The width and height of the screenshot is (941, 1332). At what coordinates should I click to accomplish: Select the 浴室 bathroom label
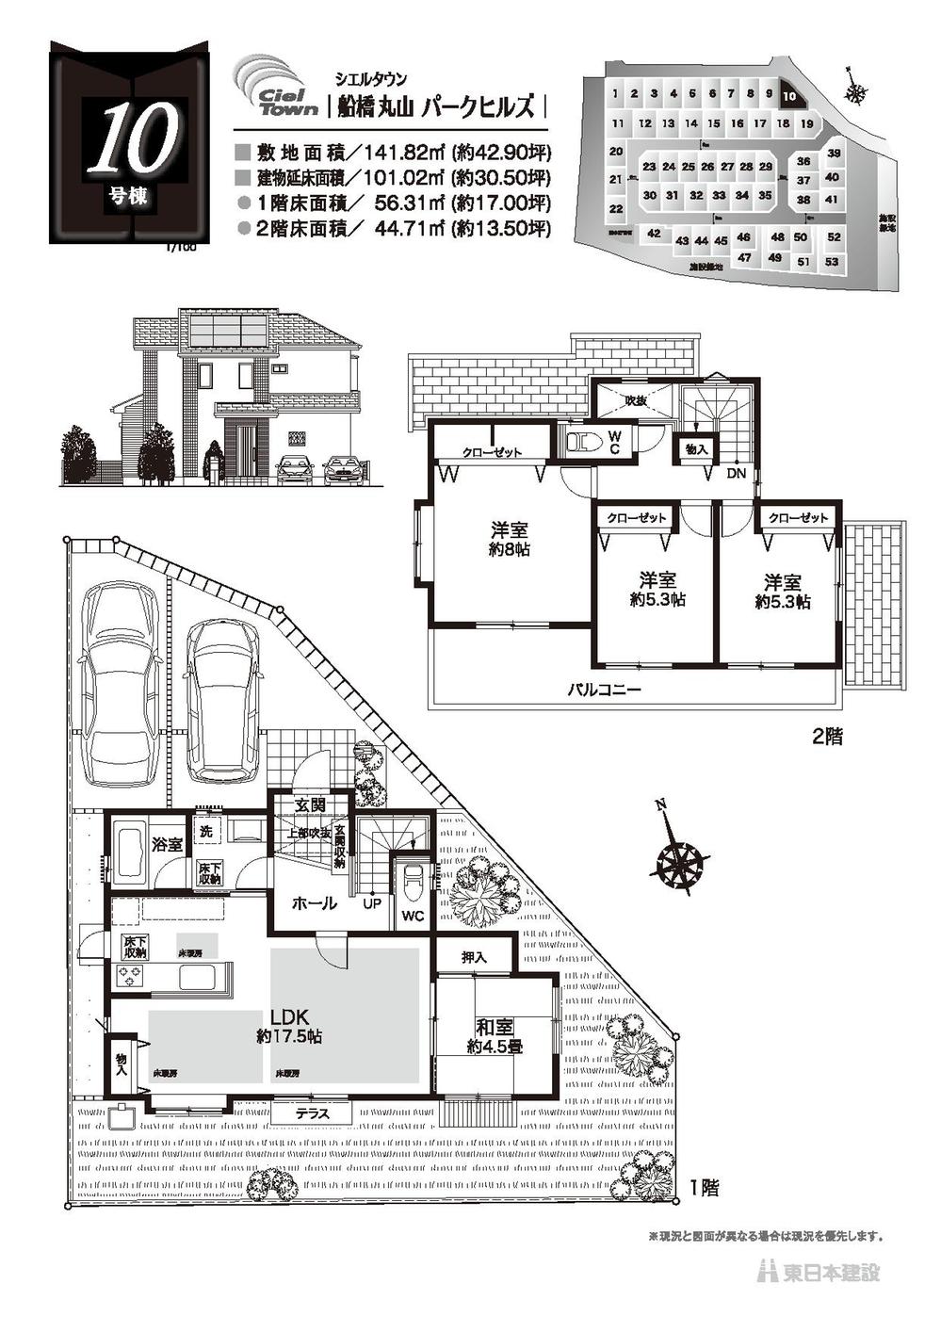click(x=168, y=844)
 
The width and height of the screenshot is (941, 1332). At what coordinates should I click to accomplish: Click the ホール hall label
click(x=314, y=903)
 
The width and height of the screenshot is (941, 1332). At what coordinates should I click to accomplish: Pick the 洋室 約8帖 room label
click(x=509, y=539)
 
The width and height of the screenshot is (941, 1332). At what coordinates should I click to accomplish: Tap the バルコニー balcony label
click(x=604, y=690)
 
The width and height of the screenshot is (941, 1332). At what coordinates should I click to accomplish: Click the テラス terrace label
click(x=312, y=1113)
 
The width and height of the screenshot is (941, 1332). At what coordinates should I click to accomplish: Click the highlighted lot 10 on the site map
click(x=789, y=95)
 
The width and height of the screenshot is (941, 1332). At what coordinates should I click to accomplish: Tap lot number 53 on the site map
click(x=830, y=262)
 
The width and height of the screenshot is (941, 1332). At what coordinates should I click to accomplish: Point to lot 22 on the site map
click(x=616, y=209)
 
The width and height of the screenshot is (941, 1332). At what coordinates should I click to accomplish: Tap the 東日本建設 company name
click(x=831, y=1272)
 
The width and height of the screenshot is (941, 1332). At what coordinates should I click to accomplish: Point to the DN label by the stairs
click(x=736, y=474)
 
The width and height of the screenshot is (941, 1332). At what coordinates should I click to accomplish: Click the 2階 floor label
click(x=827, y=738)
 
